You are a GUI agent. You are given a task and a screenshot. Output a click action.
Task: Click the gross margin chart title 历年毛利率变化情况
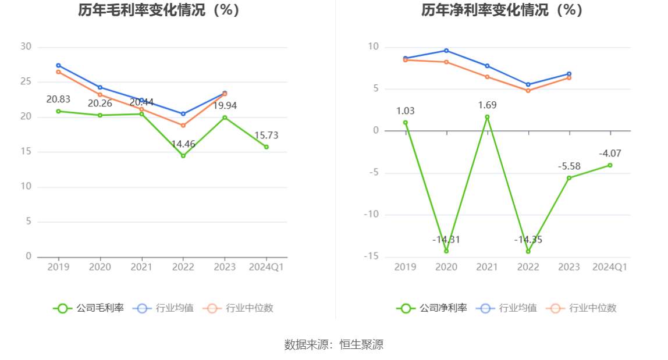click(x=159, y=10)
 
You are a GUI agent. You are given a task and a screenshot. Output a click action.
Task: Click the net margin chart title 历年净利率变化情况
click(x=502, y=10)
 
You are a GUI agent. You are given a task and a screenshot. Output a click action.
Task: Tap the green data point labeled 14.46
click(x=183, y=156)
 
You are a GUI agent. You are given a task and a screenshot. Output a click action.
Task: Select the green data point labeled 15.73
click(x=267, y=147)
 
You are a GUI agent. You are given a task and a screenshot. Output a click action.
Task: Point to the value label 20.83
click(x=58, y=99)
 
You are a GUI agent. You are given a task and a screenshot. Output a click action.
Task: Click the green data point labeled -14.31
click(x=446, y=251)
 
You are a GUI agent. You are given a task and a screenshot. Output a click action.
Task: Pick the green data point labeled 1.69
click(x=487, y=117)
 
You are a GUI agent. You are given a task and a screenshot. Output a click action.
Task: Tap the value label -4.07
click(x=610, y=154)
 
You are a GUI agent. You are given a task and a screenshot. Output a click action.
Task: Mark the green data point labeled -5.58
click(x=569, y=178)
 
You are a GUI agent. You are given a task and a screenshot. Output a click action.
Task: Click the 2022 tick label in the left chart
click(x=183, y=267)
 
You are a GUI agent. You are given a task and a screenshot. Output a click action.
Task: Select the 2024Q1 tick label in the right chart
click(x=610, y=267)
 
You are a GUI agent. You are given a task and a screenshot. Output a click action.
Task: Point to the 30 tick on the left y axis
click(x=26, y=47)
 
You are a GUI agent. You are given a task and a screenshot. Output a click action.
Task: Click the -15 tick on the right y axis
click(x=371, y=256)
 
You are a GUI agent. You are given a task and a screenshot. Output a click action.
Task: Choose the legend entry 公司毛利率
click(x=88, y=308)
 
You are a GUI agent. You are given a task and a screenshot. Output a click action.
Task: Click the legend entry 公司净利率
click(x=432, y=308)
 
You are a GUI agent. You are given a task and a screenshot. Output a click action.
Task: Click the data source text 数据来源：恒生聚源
click(x=334, y=344)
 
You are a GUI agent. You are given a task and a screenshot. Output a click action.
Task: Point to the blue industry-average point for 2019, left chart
click(x=58, y=66)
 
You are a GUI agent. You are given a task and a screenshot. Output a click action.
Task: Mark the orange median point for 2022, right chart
click(x=528, y=91)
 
